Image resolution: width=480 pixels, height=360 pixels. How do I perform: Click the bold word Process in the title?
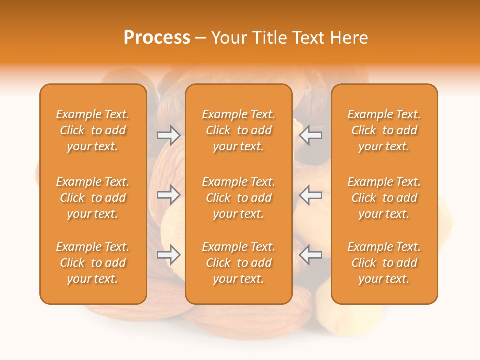point(157,38)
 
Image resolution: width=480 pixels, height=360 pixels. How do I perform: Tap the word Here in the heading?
point(348,38)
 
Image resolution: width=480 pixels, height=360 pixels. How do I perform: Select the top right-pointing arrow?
point(169,135)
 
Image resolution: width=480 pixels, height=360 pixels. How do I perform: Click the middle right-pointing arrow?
point(169,195)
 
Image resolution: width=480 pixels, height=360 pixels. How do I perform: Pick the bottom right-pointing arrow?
point(169,255)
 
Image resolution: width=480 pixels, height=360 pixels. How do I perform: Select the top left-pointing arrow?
point(311,135)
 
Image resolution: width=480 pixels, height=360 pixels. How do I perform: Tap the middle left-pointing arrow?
point(311,195)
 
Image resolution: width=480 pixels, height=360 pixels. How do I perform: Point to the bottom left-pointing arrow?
point(311,255)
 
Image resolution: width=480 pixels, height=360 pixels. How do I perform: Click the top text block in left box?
point(93,130)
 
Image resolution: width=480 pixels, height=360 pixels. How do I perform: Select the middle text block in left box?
point(93,198)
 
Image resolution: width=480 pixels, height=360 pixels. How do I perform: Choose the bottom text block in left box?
point(93,263)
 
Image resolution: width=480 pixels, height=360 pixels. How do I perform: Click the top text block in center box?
point(238,130)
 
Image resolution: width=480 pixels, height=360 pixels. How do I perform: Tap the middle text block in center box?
point(238,198)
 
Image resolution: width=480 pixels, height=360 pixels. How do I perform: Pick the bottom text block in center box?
point(238,263)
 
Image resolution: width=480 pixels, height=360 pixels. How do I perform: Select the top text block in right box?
point(384,130)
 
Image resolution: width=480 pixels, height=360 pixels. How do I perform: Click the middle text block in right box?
point(384,198)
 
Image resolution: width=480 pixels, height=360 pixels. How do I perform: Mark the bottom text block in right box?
point(384,263)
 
